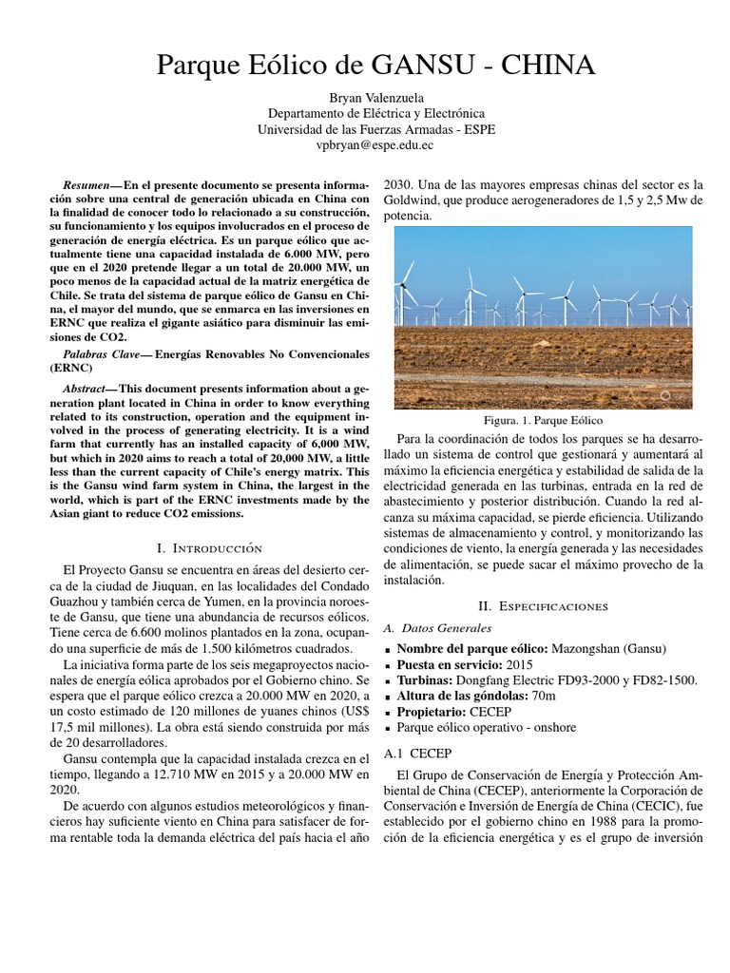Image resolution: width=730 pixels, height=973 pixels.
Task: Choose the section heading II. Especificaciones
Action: click(x=543, y=606)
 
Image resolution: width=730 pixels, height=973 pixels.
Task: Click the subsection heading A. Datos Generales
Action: click(x=436, y=628)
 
